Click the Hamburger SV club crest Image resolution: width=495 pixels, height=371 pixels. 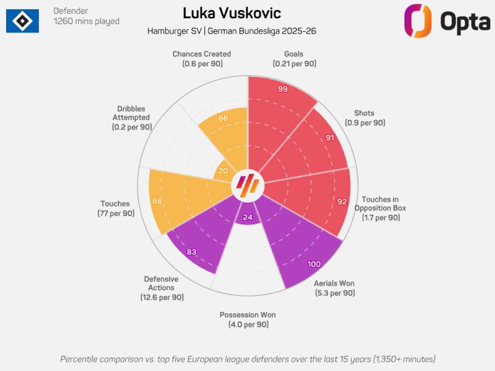click(x=23, y=21)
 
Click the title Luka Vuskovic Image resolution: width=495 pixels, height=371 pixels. click(x=232, y=13)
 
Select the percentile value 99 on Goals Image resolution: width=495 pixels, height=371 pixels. click(x=283, y=89)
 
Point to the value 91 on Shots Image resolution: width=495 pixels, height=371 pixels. click(x=330, y=137)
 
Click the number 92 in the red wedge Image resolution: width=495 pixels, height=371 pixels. click(x=342, y=202)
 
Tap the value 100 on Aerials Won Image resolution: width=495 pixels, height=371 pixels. click(x=314, y=264)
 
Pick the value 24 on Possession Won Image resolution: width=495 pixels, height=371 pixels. click(x=248, y=218)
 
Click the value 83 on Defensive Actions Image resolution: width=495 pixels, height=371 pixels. click(x=191, y=252)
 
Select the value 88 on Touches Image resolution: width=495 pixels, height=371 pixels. click(x=157, y=201)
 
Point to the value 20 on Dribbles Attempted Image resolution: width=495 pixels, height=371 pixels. click(x=223, y=171)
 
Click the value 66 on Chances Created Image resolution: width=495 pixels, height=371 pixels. click(x=223, y=118)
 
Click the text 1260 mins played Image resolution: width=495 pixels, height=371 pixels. click(x=86, y=21)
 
